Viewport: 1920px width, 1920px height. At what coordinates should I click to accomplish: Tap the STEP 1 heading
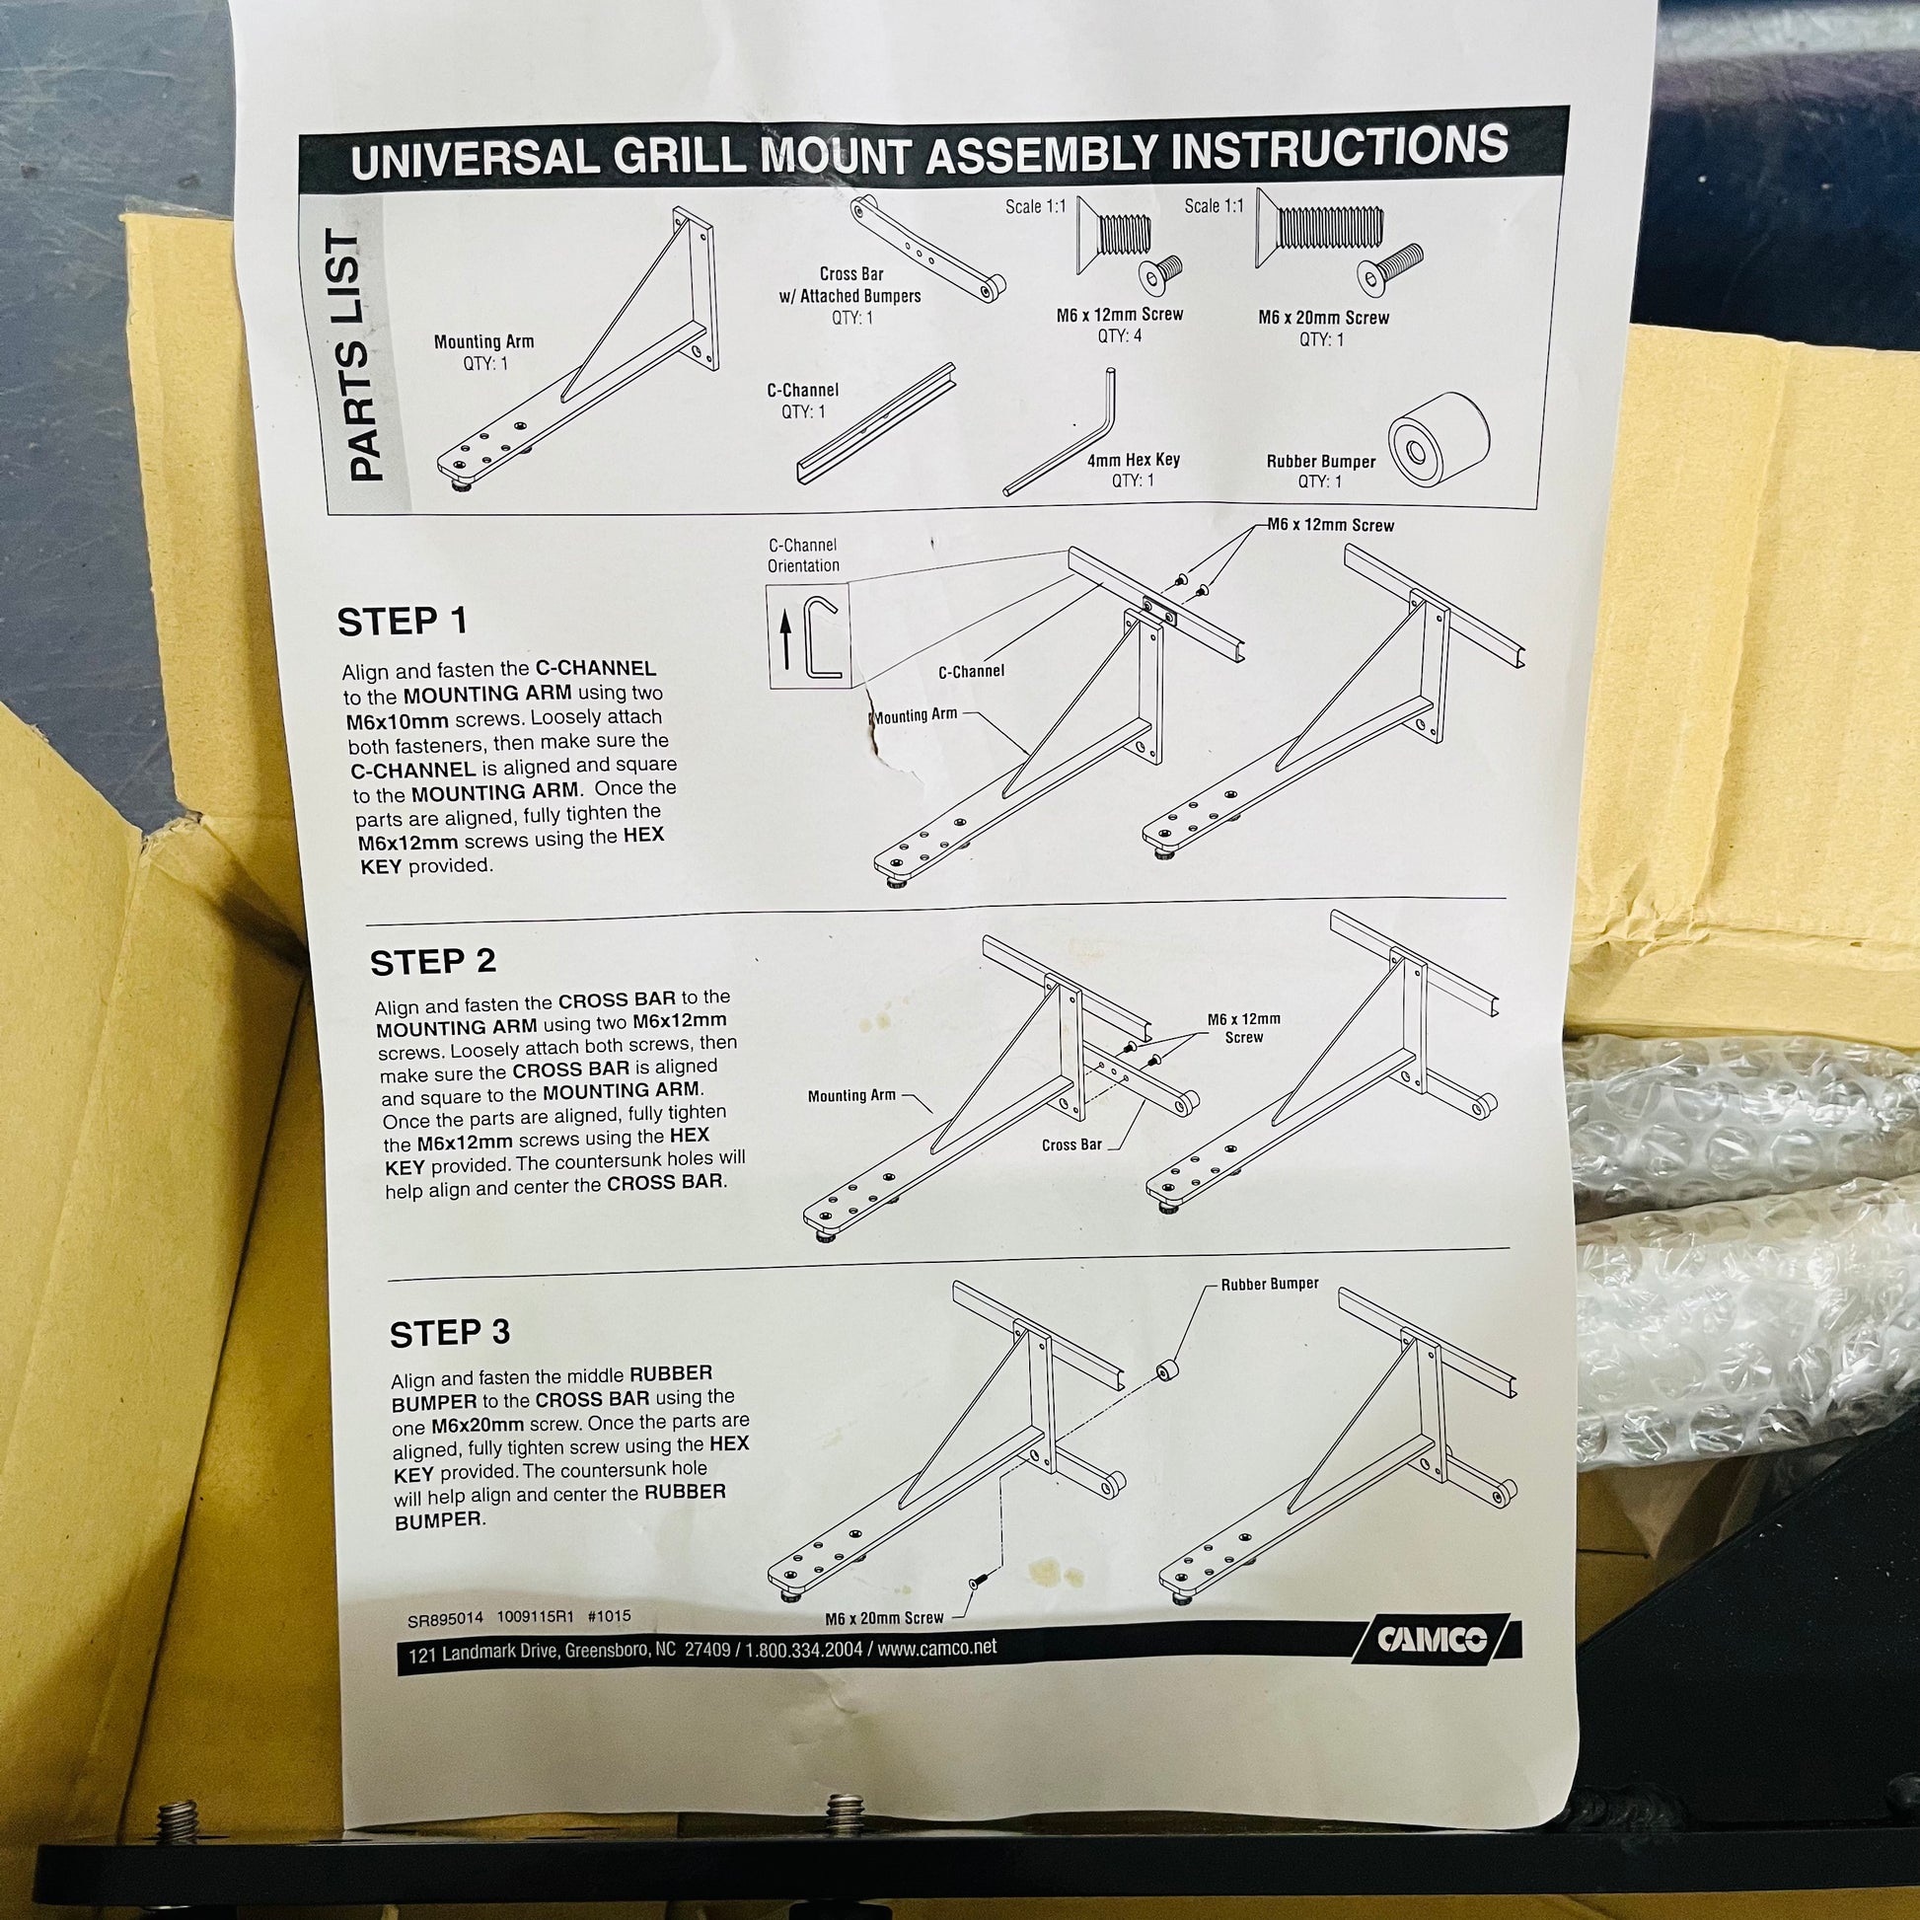point(403,623)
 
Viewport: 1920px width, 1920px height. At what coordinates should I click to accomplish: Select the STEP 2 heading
point(433,962)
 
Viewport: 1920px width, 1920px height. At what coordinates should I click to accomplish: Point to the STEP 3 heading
point(450,1333)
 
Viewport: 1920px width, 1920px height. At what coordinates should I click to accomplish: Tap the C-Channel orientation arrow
point(785,640)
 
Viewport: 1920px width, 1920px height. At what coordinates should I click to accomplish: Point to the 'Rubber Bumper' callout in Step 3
point(1270,1284)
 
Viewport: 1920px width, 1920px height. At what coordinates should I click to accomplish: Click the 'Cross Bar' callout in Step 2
point(1071,1145)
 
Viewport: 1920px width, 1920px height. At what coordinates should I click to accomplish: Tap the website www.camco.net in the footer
point(937,1648)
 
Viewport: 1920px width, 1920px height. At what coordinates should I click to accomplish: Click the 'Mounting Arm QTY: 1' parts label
point(484,353)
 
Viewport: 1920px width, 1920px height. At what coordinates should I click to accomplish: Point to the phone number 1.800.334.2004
point(804,1651)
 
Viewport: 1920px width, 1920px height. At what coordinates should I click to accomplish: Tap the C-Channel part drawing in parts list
point(874,421)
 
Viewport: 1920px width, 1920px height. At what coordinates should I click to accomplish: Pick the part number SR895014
point(444,1619)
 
